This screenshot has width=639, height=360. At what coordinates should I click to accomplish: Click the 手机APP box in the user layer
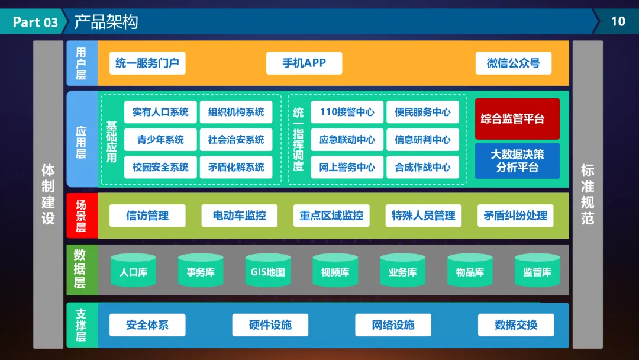(304, 63)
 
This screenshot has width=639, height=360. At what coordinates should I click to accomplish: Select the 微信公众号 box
(513, 63)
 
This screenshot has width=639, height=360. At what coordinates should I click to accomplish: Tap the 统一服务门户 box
(147, 63)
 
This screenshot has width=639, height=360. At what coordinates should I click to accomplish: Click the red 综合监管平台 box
(517, 119)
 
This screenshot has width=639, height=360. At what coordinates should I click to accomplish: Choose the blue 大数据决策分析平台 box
(517, 161)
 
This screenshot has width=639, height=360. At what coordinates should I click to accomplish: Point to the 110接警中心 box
(347, 112)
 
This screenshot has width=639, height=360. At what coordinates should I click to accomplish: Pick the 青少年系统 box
(160, 140)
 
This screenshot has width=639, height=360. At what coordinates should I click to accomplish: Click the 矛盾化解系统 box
(236, 167)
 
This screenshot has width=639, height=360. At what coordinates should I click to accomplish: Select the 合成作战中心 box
(422, 167)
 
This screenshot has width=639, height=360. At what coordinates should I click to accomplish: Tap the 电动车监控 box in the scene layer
(239, 216)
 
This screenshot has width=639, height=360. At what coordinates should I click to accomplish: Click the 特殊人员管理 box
(423, 216)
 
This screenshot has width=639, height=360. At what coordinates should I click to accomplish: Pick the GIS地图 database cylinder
(268, 271)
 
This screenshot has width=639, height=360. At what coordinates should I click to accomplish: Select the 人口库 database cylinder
(133, 271)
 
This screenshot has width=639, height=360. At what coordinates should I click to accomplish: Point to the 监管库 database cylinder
(537, 271)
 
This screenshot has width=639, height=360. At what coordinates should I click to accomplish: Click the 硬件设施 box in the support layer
(270, 324)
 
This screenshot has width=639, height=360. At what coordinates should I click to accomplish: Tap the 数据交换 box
(516, 324)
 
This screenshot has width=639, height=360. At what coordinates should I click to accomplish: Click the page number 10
(618, 21)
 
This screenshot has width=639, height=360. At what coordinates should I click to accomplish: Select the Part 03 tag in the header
(35, 22)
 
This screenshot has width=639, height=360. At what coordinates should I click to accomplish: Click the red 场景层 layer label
(81, 216)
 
